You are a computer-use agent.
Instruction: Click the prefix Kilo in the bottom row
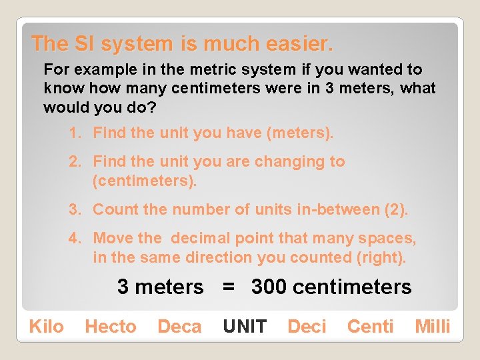click(46, 327)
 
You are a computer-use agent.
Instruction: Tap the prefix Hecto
click(110, 327)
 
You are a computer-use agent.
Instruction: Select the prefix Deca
click(179, 327)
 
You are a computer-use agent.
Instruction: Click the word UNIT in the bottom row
click(245, 327)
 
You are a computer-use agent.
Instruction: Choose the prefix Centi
click(370, 327)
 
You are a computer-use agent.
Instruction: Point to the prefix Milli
click(433, 327)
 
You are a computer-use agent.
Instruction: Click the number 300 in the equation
click(269, 287)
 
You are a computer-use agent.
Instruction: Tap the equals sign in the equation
click(228, 287)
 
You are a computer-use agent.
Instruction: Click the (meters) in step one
click(299, 133)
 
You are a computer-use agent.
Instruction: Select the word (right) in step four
click(383, 257)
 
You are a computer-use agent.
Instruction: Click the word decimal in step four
click(203, 238)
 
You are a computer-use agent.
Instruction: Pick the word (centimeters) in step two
click(145, 181)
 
